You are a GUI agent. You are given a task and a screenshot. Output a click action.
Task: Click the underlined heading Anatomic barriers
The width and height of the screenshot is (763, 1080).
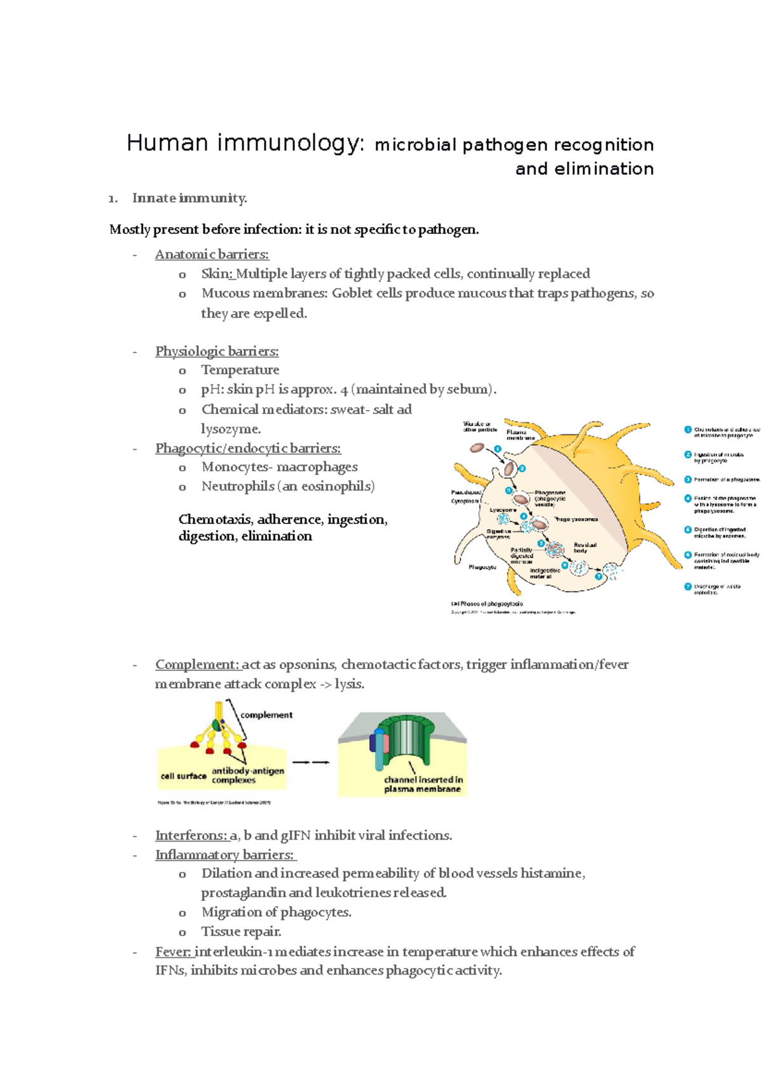[212, 254]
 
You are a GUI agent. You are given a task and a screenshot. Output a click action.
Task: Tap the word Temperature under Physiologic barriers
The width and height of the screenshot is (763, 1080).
[240, 370]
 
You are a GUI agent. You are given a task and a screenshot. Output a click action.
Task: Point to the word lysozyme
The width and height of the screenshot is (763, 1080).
[231, 429]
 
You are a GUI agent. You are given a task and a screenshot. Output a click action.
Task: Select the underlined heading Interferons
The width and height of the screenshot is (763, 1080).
[191, 835]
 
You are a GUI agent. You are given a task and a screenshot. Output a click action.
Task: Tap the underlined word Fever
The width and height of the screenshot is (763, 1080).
[173, 952]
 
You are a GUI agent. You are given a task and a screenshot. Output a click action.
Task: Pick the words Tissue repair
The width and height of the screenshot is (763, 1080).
[241, 932]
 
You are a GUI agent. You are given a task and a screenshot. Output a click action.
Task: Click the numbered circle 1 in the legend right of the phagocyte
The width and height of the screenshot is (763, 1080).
[688, 430]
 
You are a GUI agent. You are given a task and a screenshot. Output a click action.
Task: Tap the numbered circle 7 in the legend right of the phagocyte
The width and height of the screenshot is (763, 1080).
[688, 586]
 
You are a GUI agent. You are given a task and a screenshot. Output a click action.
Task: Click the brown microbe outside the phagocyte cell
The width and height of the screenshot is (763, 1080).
[477, 448]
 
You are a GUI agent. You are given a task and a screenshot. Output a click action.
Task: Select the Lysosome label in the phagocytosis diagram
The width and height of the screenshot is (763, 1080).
[502, 510]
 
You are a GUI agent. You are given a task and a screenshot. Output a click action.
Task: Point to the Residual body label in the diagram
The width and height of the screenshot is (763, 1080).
[585, 548]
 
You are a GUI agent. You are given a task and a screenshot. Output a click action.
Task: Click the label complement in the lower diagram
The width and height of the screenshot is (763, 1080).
[266, 715]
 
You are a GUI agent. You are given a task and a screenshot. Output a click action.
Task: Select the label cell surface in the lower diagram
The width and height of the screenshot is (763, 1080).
[183, 776]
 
